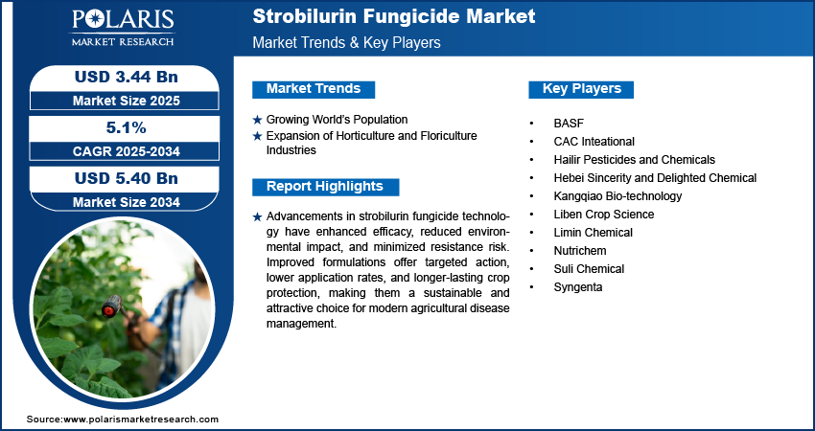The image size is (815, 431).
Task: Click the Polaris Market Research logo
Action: pos(123,27)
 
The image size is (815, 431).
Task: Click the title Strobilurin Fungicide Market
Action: pos(393,16)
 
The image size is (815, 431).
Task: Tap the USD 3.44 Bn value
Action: pos(127,77)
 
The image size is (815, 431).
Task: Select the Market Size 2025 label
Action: pos(127,101)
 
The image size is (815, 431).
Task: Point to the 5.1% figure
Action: pos(127,127)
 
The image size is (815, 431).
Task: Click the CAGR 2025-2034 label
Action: pos(127,151)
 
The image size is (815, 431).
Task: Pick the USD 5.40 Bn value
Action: pos(127,178)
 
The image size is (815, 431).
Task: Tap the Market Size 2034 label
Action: pos(127,202)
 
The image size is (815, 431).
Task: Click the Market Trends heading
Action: pos(314,89)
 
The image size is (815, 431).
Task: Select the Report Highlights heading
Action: pos(325,187)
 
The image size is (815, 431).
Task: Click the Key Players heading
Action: pos(582,89)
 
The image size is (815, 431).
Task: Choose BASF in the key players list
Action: pos(569,124)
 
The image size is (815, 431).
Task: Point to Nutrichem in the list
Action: pos(580,251)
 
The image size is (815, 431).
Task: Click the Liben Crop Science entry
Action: pos(604,215)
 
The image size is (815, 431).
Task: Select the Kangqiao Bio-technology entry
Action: pos(618,196)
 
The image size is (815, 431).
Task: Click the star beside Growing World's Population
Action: pos(257,120)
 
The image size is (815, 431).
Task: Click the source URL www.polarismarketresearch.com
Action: pos(141,420)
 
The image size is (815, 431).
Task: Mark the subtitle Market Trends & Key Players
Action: pos(347,42)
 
